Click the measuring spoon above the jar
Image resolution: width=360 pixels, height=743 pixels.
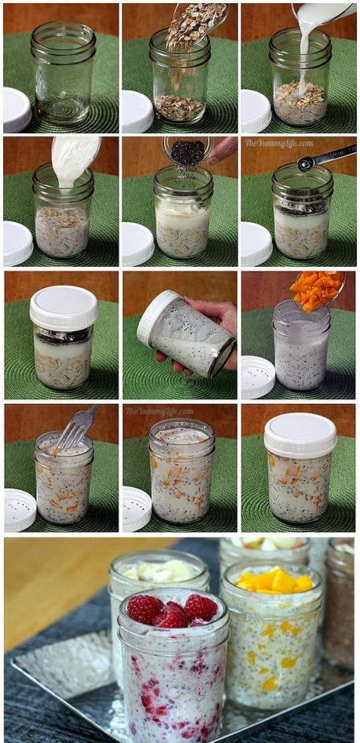[325, 157]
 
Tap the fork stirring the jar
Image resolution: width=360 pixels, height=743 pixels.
[78, 426]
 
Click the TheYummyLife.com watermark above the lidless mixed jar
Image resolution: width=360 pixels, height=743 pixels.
[156, 411]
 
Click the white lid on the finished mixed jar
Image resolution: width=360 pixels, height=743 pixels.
[300, 434]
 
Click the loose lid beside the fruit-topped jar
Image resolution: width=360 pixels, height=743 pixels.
[256, 377]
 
